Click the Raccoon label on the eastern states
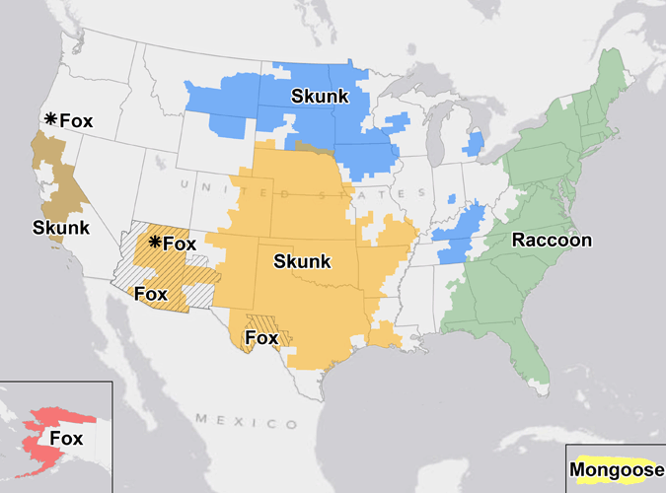[x=552, y=241]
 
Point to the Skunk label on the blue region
[x=318, y=96]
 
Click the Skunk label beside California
[x=60, y=228]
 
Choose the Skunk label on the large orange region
[x=302, y=261]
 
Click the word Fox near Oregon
[x=76, y=121]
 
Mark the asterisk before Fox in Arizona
[x=154, y=243]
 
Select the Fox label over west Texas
[x=261, y=338]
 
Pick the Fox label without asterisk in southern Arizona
[x=150, y=294]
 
